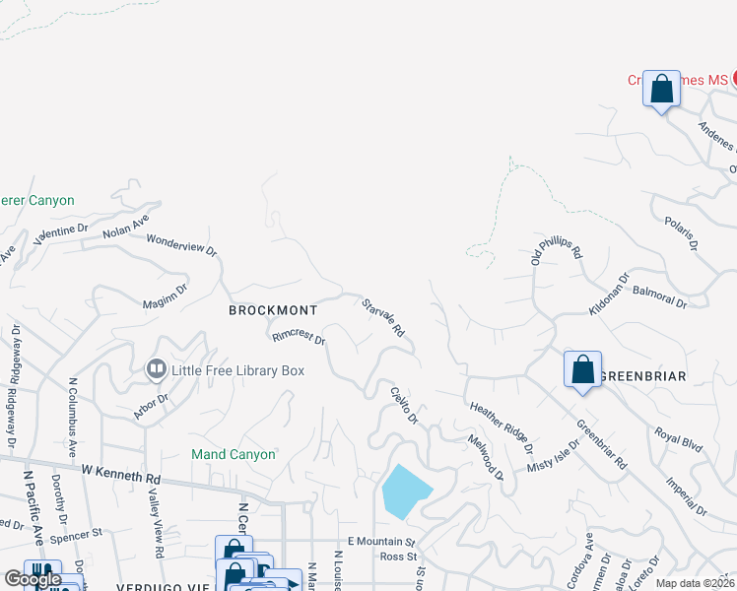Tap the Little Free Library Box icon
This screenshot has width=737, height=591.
pos(156,370)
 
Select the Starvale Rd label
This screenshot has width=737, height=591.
pos(383,318)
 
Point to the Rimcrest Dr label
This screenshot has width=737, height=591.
pos(300,337)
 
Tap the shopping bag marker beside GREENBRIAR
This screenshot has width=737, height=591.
pos(582,370)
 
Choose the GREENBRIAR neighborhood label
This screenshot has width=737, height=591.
pos(641,376)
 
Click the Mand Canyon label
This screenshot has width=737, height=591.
pos(234,454)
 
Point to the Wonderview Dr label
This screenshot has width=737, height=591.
pos(181,244)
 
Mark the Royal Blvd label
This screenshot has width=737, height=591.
pos(679,439)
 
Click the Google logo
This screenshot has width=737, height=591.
pos(32,579)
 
